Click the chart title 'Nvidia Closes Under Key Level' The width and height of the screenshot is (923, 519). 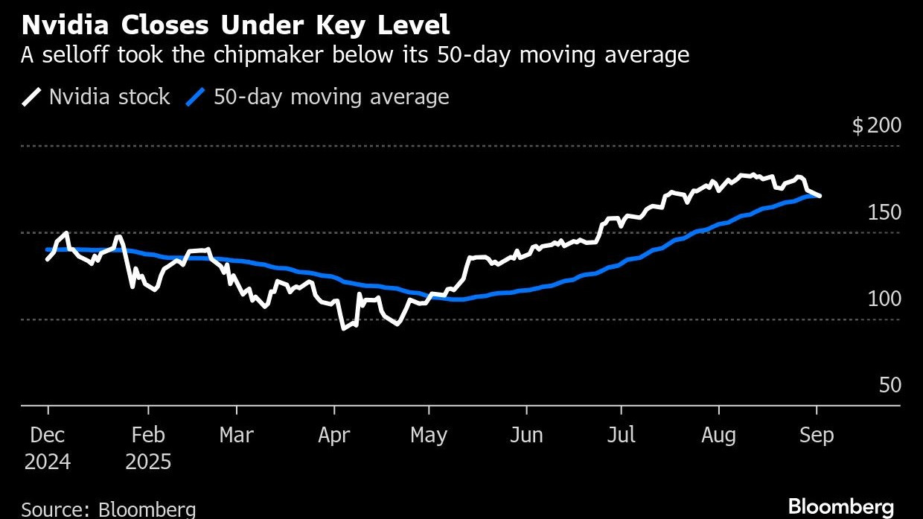coord(236,26)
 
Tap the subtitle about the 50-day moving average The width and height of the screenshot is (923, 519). coord(355,55)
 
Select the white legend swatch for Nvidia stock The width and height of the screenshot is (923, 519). coord(32,98)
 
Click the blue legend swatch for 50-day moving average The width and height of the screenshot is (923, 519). coord(195,98)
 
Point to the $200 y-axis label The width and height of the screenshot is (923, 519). coord(876,125)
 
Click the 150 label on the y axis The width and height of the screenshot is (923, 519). coord(884,212)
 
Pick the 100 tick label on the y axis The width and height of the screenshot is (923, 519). coord(884,299)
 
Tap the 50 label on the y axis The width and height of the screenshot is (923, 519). coord(890,385)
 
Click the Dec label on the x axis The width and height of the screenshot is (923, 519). coord(48,435)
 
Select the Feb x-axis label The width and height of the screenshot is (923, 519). coord(148,435)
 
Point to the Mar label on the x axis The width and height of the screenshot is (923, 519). coord(237,435)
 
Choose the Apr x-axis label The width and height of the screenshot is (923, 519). coord(333,435)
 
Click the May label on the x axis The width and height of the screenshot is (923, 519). coord(429,435)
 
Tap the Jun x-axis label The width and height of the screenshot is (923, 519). coord(526,435)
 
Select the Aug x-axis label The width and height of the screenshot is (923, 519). coord(718,435)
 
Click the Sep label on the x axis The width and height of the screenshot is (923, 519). coord(817,435)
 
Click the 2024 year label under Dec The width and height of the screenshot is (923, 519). coord(48,462)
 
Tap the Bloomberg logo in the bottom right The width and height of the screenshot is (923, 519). coord(840,506)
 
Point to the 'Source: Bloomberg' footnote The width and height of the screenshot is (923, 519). coord(109,510)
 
